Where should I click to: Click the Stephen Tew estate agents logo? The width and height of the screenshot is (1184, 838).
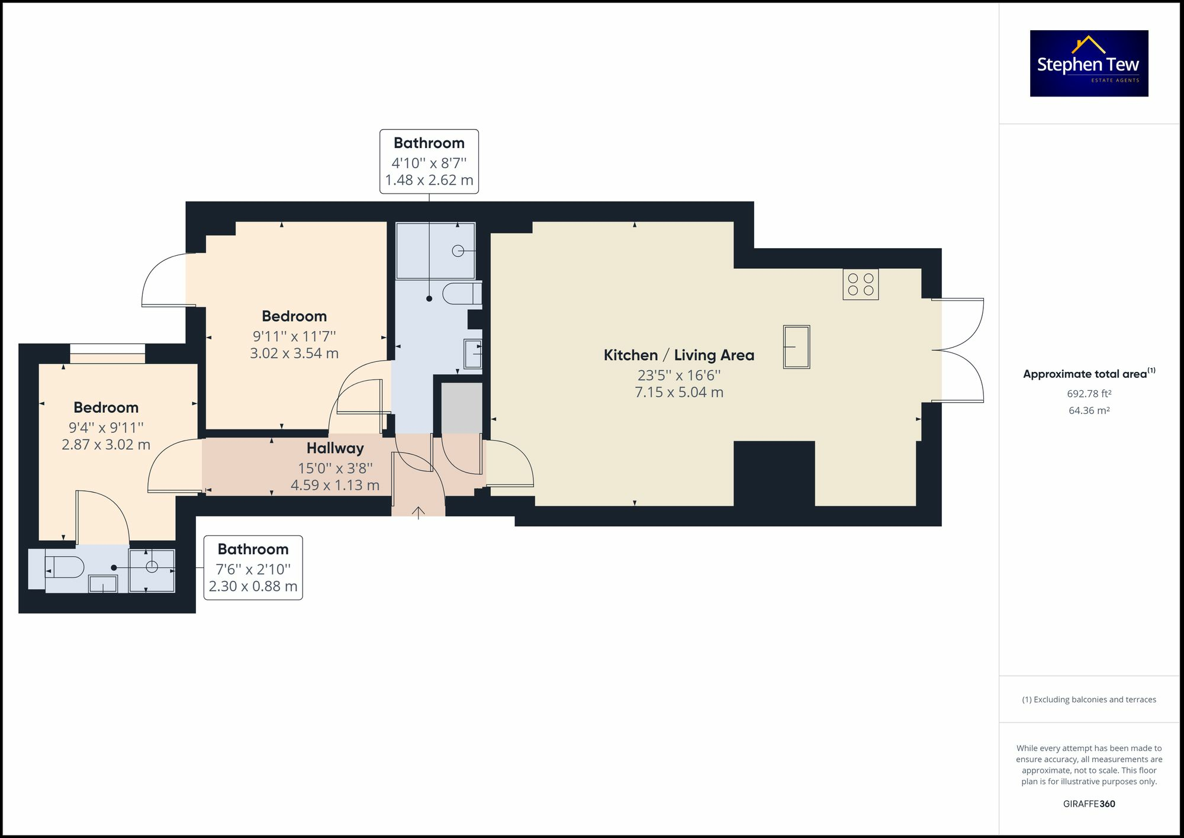[x=1089, y=63]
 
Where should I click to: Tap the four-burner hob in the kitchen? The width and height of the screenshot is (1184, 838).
[x=860, y=284]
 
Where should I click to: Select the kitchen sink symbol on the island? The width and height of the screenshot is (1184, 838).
[x=796, y=347]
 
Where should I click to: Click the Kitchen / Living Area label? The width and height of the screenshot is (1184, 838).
[x=678, y=355]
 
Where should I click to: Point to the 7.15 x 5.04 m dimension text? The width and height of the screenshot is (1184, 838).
[x=678, y=392]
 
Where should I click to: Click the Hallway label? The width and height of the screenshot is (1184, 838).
[x=335, y=448]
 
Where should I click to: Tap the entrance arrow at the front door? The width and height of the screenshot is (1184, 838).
[x=419, y=512]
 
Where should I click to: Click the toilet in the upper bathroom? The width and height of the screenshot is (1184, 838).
[x=462, y=294]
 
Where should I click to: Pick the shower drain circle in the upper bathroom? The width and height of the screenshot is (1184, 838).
[x=458, y=251]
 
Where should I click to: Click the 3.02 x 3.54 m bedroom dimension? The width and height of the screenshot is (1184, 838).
[x=294, y=354]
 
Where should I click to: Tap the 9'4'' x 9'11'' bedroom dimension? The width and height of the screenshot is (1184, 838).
[x=106, y=428]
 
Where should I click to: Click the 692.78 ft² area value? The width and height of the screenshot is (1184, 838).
[x=1089, y=393]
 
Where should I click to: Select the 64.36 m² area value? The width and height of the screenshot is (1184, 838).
[x=1089, y=410]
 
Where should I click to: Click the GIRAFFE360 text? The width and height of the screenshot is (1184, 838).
[x=1089, y=804]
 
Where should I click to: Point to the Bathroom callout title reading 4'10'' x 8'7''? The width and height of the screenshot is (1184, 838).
[x=429, y=143]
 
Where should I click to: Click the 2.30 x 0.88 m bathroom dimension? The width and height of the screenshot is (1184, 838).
[x=253, y=586]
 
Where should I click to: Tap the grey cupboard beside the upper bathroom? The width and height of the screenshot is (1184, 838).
[x=462, y=408]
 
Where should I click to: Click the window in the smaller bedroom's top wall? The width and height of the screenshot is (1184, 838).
[x=107, y=354]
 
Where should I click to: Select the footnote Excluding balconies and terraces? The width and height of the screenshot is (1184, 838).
[x=1089, y=699]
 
